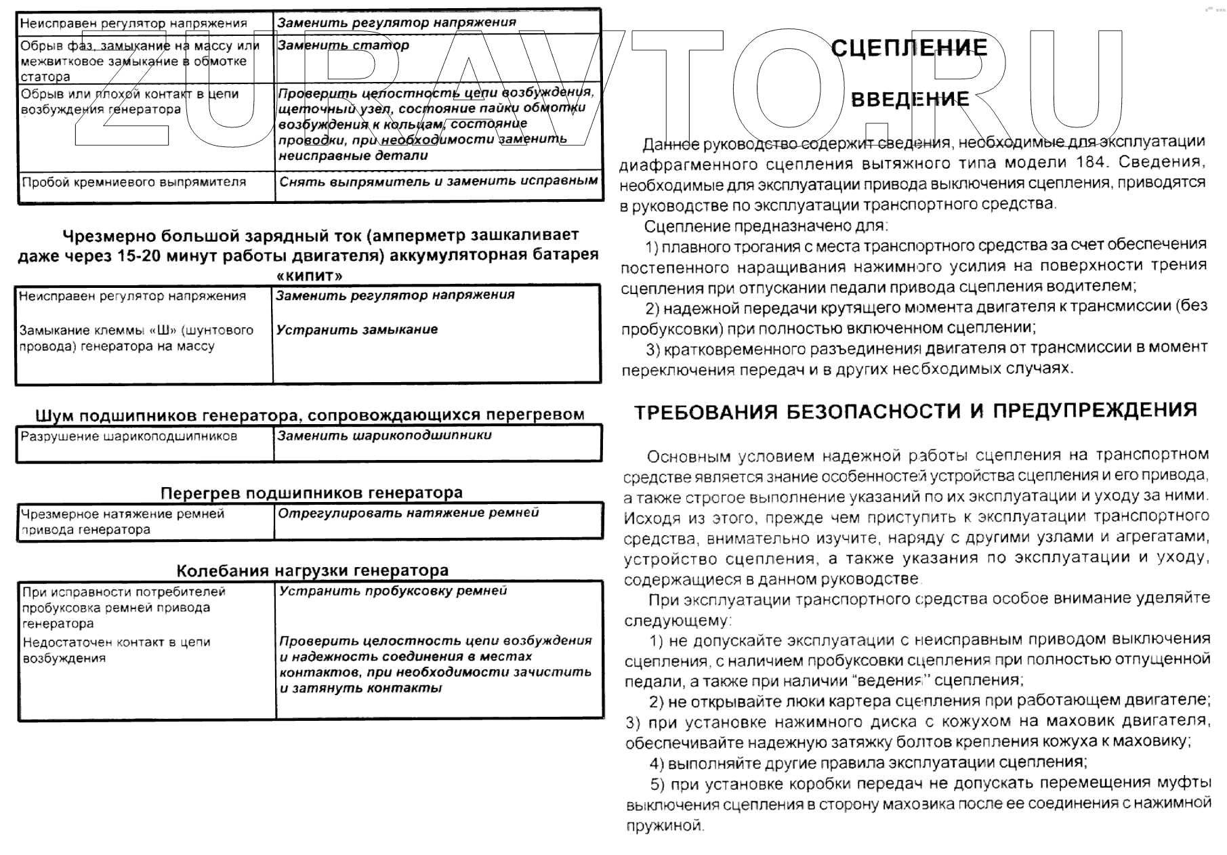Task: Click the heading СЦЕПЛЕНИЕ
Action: tap(909, 47)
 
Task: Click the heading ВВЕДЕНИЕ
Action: tap(909, 100)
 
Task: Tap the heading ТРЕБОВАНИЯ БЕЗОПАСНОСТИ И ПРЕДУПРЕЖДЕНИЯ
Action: tap(915, 411)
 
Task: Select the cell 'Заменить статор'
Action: tap(343, 45)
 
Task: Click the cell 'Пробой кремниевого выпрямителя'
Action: tap(134, 182)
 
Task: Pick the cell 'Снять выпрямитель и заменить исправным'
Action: tap(438, 182)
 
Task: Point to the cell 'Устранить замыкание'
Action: tap(356, 330)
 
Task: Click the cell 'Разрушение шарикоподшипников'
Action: tap(129, 436)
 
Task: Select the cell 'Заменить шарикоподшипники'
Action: tap(384, 436)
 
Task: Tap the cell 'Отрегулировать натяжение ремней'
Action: tap(409, 513)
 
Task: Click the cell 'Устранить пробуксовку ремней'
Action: tap(393, 591)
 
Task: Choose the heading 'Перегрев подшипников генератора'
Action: tap(312, 493)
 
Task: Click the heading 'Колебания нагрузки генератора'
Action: tap(312, 570)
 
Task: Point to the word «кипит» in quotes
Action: tap(310, 276)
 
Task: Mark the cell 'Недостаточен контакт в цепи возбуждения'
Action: tap(117, 650)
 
